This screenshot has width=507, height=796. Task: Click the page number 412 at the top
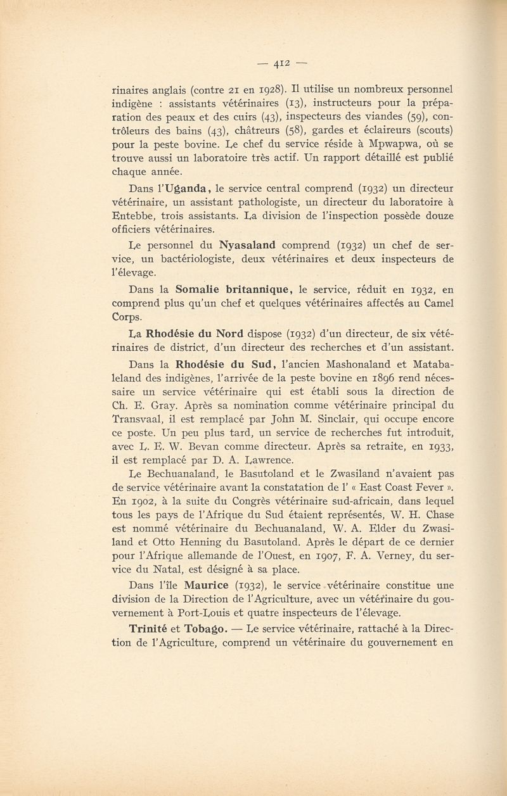pyautogui.click(x=281, y=63)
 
